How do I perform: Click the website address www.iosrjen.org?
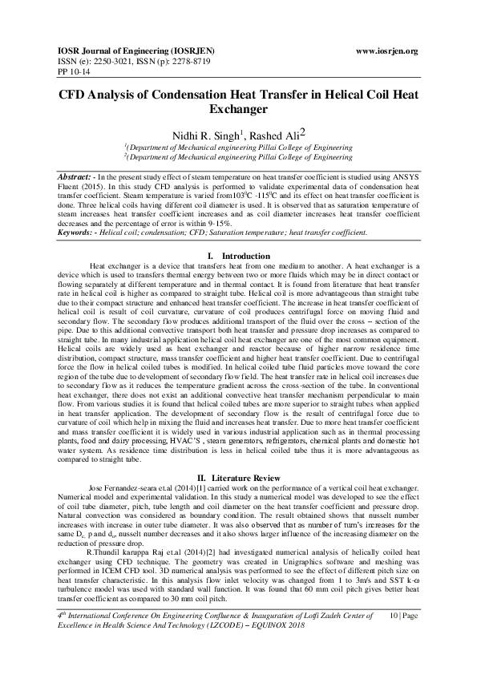pyautogui.click(x=386, y=51)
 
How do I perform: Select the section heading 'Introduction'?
pyautogui.click(x=245, y=232)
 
